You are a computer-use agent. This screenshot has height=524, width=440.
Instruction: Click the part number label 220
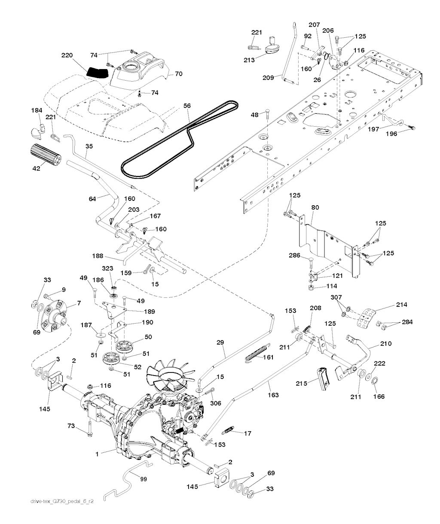pyautogui.click(x=67, y=55)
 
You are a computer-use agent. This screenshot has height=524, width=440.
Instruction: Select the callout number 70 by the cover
pyautogui.click(x=178, y=74)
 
